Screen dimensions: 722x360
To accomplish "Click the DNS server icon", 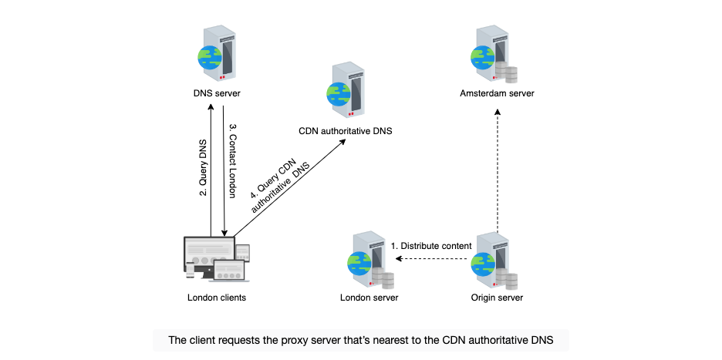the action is [217, 53].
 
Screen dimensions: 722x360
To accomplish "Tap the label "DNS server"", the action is [217, 94].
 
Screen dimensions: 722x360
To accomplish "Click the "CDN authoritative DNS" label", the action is [346, 131].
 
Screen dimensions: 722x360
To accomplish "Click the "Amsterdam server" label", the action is [497, 94].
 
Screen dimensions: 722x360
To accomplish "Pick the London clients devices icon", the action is [217, 259].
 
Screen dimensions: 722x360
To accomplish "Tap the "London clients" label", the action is [217, 298].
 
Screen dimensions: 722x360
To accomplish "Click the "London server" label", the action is [369, 298].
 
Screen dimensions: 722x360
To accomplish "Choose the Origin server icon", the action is [494, 260].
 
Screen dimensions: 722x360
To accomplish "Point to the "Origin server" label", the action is [497, 298].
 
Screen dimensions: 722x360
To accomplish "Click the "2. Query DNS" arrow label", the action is [203, 167].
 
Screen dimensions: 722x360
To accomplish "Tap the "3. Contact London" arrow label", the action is [232, 160].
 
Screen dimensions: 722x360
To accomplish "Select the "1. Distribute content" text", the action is [431, 246].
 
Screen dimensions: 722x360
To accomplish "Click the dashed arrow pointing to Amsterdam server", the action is [498, 171].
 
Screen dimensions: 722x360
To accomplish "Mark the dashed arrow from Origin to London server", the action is [431, 259].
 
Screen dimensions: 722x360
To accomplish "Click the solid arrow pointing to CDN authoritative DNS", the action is [289, 188].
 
